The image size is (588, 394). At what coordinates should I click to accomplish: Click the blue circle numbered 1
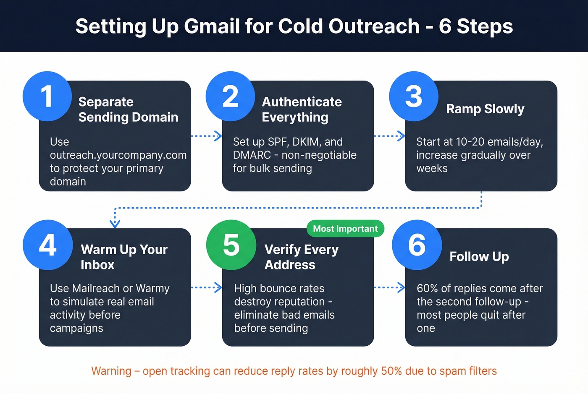point(47,96)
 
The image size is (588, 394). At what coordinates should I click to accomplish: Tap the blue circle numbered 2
point(230,96)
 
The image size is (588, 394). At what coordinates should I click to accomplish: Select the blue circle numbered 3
point(414,96)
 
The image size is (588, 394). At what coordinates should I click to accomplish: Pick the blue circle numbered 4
point(47,245)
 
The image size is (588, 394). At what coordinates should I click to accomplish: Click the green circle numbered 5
point(231,245)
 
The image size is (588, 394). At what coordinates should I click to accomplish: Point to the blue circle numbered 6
point(417,245)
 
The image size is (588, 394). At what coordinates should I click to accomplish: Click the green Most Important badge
point(345,229)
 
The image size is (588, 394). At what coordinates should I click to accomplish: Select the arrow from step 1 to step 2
point(206,136)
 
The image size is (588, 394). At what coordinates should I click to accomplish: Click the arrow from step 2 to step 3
point(389,136)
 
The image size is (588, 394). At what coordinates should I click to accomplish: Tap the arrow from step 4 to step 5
point(206,287)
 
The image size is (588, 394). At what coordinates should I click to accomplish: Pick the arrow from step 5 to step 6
point(389,287)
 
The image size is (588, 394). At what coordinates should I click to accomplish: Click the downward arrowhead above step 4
point(115,223)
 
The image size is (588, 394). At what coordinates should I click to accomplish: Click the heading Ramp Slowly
point(485,109)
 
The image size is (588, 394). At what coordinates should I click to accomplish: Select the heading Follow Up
point(479,256)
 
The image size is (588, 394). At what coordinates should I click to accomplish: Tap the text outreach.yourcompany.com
point(118,155)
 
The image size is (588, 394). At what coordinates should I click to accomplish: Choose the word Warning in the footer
point(111,371)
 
